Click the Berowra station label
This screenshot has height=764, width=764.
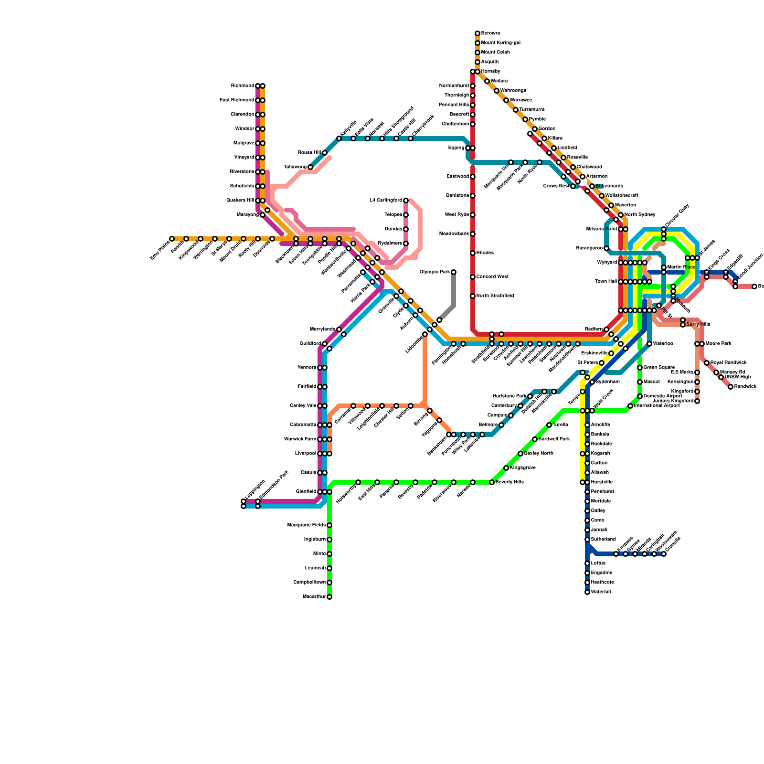click(x=490, y=33)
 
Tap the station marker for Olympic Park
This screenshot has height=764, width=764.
click(x=454, y=272)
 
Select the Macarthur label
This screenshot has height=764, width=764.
click(x=314, y=597)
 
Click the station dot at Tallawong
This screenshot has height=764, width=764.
click(x=310, y=167)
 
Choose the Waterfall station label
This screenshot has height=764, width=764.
click(x=601, y=592)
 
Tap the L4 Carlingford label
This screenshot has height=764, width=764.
click(x=386, y=201)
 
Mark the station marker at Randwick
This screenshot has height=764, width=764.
click(x=731, y=387)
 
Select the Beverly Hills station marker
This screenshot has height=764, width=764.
click(x=492, y=482)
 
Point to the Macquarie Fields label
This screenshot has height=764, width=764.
click(x=307, y=525)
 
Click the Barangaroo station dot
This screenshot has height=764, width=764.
click(x=606, y=248)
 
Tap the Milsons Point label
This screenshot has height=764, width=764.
click(x=602, y=229)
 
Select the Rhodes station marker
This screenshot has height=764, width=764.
click(x=473, y=253)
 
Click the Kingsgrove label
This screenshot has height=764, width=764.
click(x=522, y=468)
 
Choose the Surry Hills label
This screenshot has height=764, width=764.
click(x=698, y=325)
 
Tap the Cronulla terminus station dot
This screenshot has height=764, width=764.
click(x=664, y=554)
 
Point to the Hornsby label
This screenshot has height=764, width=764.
click(x=490, y=72)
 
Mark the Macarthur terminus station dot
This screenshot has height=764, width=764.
click(x=329, y=597)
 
